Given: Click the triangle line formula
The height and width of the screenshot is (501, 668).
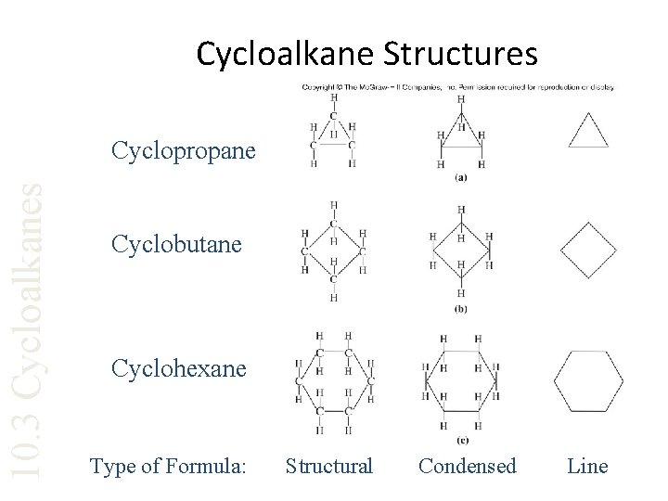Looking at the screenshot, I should (x=587, y=131).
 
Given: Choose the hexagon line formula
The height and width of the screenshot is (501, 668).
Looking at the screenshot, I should (x=588, y=381).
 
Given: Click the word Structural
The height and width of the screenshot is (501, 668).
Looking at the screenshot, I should (x=328, y=466).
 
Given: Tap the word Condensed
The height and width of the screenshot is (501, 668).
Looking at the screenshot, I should (x=468, y=466).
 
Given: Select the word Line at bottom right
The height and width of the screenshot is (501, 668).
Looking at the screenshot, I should (x=586, y=466).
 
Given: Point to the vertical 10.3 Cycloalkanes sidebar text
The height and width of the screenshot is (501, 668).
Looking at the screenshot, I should (x=32, y=329).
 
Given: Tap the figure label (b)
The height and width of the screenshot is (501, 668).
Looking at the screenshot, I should (x=460, y=309).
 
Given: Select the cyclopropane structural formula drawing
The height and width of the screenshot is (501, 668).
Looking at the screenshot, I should (x=333, y=135).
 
